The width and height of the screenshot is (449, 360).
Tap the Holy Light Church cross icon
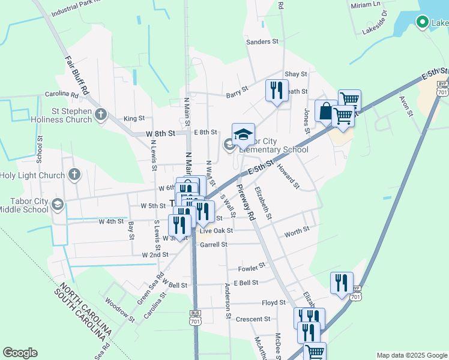tap(74, 175)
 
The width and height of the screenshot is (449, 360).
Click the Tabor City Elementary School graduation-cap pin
tap(243, 135)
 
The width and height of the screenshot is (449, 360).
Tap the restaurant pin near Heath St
tap(276, 90)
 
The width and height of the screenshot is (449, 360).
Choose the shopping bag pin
tap(325, 111)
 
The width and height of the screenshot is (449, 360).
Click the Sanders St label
tap(263, 42)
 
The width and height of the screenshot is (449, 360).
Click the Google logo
tap(20, 353)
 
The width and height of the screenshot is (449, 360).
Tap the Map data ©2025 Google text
tap(411, 355)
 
